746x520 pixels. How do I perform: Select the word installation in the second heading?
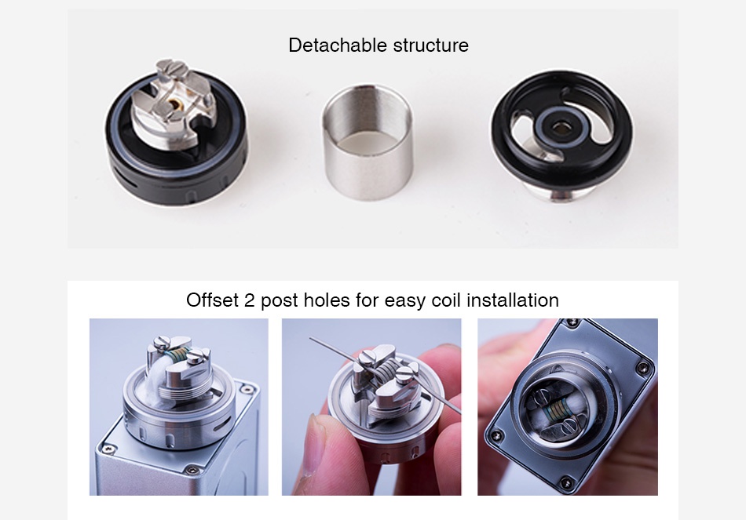[513, 300]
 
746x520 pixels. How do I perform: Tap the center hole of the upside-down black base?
[560, 127]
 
